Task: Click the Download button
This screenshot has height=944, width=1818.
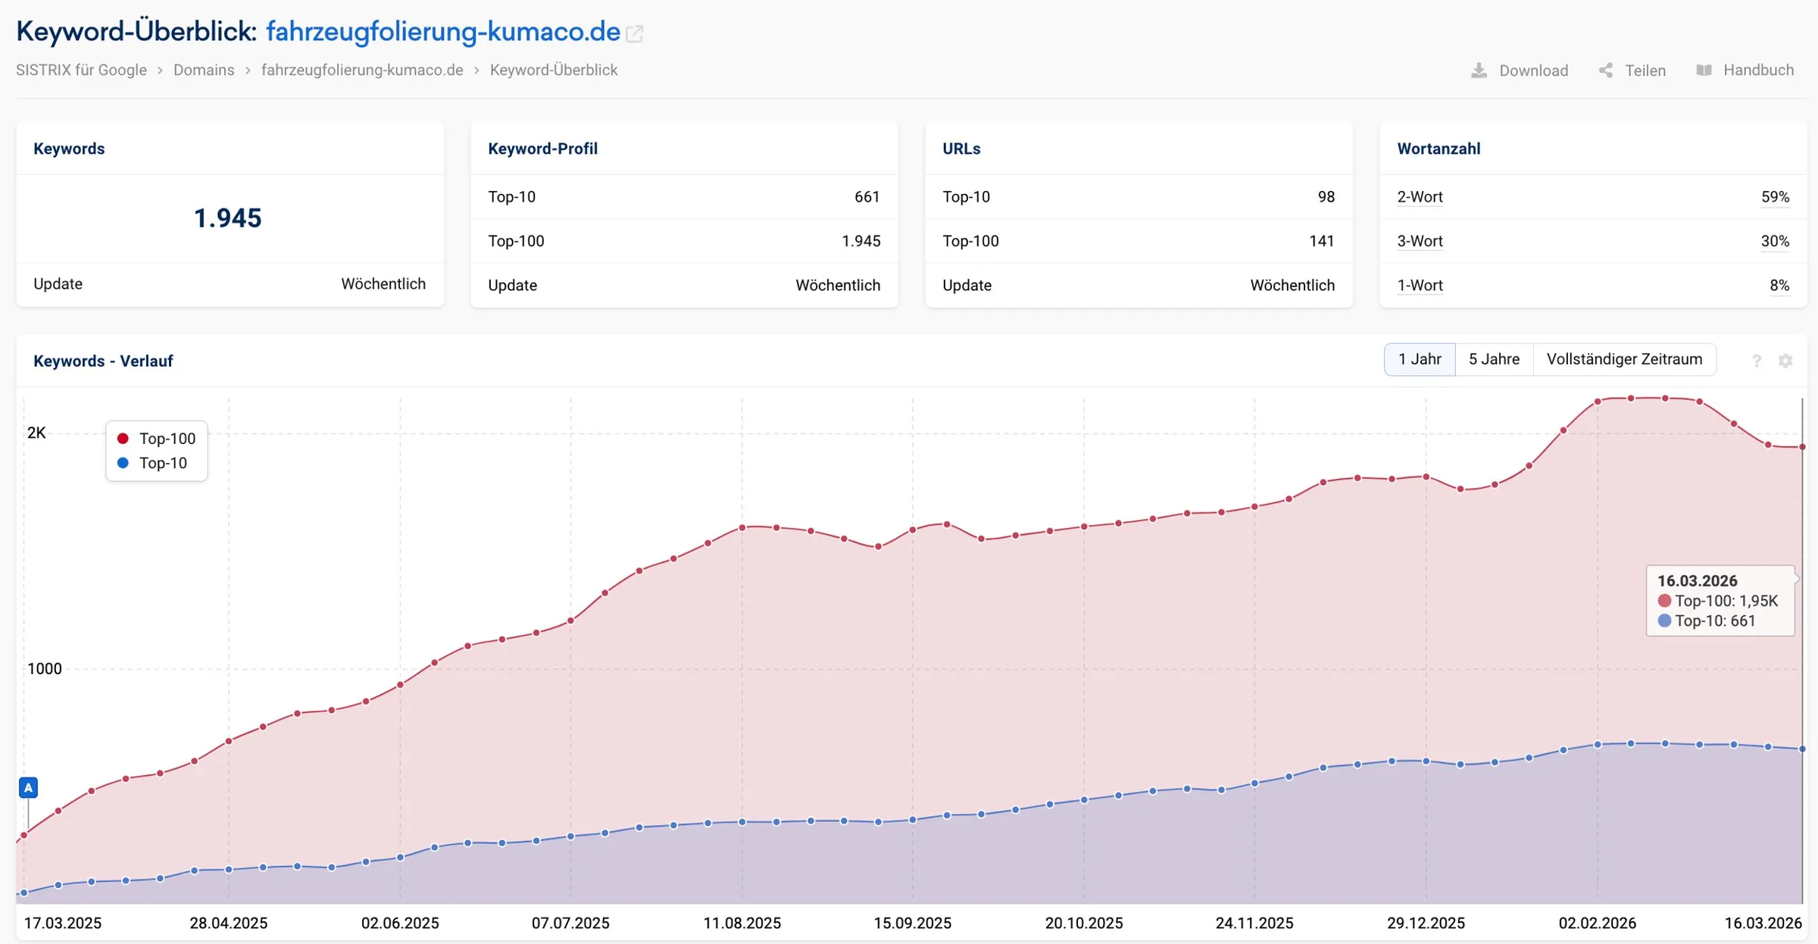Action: click(1519, 70)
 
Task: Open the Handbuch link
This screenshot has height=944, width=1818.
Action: click(1745, 70)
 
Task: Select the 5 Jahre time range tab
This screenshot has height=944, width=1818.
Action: click(1494, 359)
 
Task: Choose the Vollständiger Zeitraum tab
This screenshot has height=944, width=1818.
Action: click(1624, 359)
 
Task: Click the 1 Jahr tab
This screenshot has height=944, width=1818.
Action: click(1420, 359)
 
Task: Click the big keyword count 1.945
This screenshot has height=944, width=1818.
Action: click(227, 218)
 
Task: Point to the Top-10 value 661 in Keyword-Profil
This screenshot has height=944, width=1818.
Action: click(867, 197)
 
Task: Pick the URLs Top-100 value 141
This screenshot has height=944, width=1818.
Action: click(1321, 241)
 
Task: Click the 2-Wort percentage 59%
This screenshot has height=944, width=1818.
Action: click(1775, 197)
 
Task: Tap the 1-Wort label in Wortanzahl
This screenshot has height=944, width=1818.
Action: click(1420, 286)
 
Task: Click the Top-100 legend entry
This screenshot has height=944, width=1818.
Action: click(157, 439)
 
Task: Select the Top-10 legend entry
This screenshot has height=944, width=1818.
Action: click(152, 463)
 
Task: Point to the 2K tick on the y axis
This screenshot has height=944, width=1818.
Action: click(36, 433)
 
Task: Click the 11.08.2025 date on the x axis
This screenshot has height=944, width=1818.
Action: click(742, 923)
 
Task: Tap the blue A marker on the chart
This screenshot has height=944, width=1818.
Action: click(28, 788)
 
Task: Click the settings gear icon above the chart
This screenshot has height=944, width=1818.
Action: click(1785, 361)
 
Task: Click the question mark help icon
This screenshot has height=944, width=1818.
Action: click(1757, 361)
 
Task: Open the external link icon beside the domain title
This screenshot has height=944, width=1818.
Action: click(635, 34)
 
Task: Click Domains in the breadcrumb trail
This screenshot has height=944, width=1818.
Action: click(204, 70)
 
